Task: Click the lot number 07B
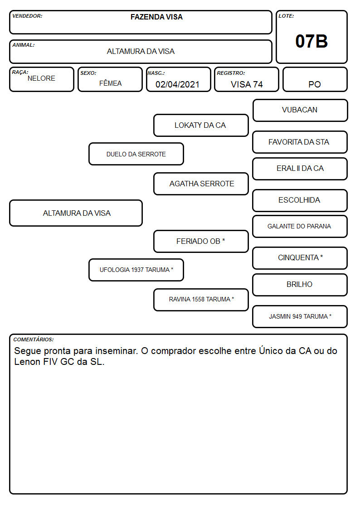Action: (311, 41)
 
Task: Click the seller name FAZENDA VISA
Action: (156, 17)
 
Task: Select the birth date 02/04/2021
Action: (177, 84)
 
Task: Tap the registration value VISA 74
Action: (247, 84)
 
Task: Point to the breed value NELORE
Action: (41, 78)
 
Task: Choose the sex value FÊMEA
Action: (110, 83)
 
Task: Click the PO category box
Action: (315, 79)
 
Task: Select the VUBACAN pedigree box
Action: (300, 111)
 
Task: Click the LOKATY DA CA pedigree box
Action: (201, 125)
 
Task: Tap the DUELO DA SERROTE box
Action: (136, 154)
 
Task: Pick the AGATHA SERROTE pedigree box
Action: (201, 184)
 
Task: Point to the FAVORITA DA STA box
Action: (300, 142)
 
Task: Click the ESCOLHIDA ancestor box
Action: (300, 200)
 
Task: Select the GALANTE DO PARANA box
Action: (300, 226)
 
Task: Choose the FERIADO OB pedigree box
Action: (201, 241)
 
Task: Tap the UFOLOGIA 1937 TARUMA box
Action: (136, 270)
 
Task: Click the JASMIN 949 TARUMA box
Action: (300, 316)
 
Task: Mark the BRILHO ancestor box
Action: (300, 285)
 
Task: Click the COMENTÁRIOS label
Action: (34, 339)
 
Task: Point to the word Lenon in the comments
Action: (28, 362)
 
